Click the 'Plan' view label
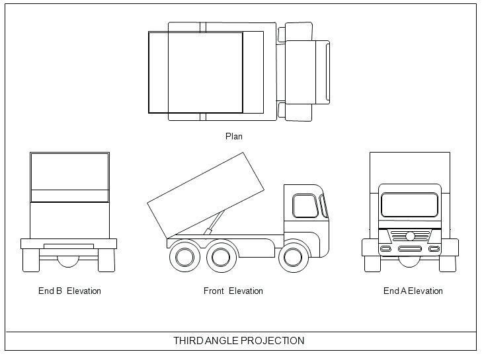(234, 137)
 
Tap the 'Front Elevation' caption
(233, 291)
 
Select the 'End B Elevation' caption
(69, 291)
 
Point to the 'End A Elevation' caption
(413, 291)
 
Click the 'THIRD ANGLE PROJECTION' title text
(239, 341)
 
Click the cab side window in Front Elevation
(304, 206)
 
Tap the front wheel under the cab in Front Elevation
(294, 257)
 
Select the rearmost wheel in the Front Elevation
(184, 257)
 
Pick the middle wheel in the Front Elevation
(221, 257)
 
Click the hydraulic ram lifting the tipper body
(212, 225)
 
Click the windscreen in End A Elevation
(410, 205)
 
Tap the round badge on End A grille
(410, 236)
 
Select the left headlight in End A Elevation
(385, 249)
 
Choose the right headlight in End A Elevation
(434, 249)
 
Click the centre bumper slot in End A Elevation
(409, 249)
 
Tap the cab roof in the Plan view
(307, 72)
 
